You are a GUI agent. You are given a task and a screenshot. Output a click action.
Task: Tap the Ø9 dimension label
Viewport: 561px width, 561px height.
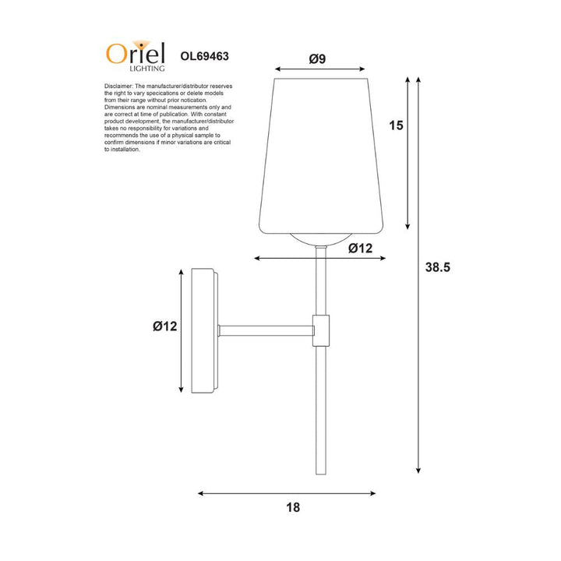coord(317,58)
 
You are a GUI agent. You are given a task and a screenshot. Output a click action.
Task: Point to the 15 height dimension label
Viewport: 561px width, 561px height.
coord(396,125)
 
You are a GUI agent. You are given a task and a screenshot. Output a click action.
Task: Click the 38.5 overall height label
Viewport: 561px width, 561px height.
coord(439,266)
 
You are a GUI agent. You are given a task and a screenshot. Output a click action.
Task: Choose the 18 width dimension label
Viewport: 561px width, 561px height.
coord(292,507)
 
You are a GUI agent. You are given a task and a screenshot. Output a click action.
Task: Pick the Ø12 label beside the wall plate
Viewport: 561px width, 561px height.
coord(166,327)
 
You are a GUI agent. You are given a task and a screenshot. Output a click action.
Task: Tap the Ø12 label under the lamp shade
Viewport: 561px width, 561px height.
coord(361,249)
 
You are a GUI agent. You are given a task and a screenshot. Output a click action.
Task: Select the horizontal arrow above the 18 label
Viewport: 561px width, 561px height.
coord(287,493)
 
